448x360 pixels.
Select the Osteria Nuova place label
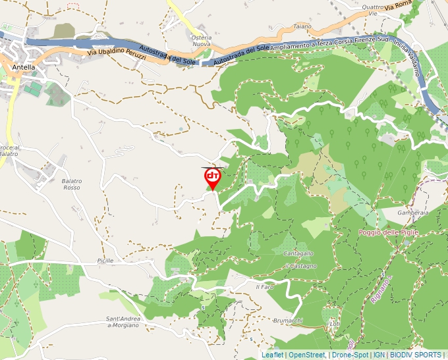202,41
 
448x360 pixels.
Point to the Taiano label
302,26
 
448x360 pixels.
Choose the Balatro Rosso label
72,184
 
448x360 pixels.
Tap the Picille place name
104,261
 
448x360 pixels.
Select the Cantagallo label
298,253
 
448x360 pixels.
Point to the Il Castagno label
300,266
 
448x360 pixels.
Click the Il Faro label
264,287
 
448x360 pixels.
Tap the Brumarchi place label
287,321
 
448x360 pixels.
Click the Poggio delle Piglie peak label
388,232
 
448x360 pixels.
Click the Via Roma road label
399,5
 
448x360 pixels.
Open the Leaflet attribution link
272,355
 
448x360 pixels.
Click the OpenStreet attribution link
307,355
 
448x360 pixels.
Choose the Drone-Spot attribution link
350,355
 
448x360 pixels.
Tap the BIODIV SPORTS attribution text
415,355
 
